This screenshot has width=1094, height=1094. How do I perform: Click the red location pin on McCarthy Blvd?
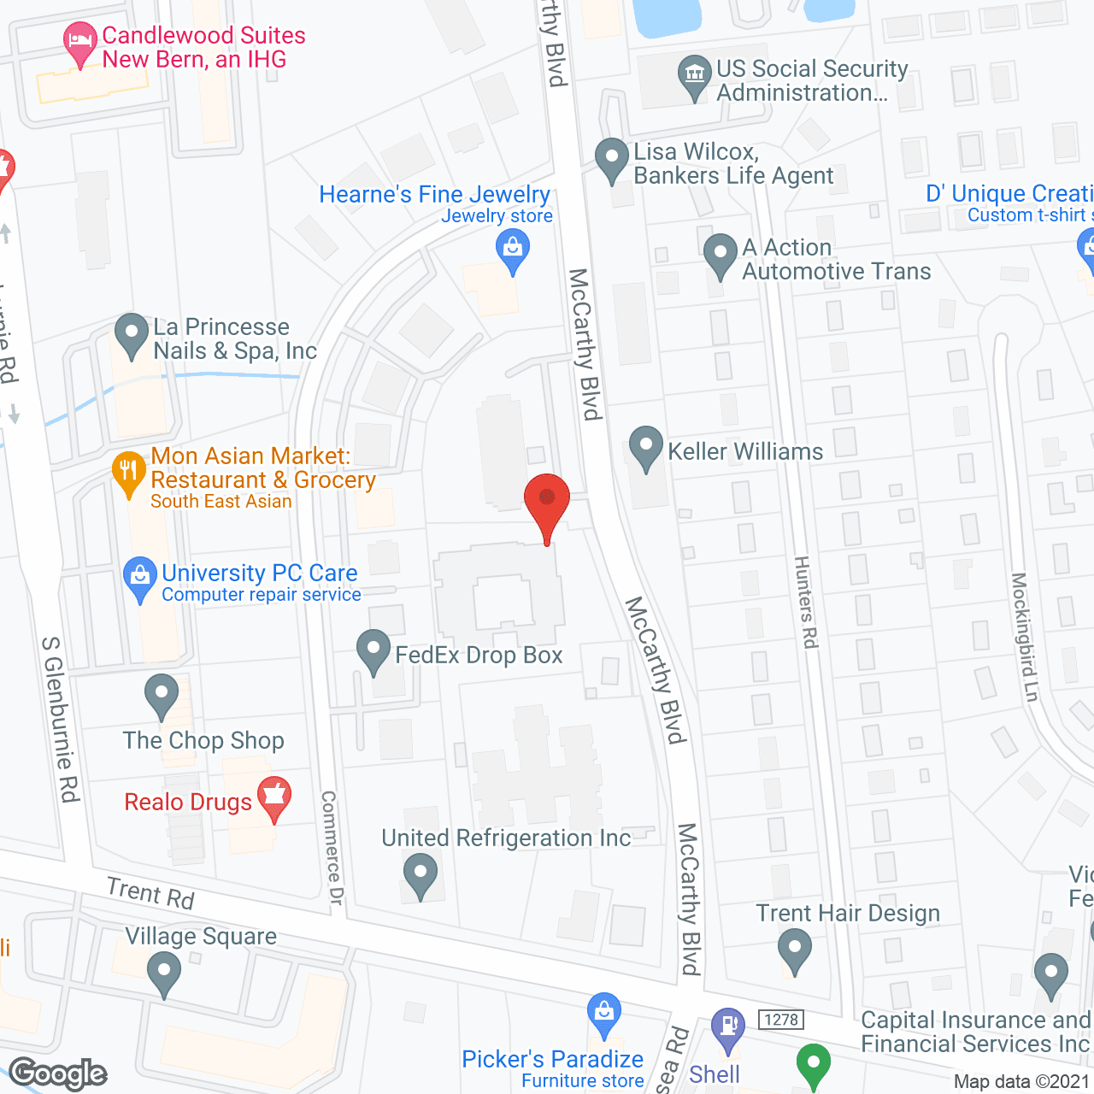[x=546, y=500]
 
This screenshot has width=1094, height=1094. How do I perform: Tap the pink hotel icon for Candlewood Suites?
[x=80, y=41]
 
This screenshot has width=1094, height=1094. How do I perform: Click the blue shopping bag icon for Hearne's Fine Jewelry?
[x=513, y=251]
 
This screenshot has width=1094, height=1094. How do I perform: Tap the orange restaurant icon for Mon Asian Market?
[x=129, y=472]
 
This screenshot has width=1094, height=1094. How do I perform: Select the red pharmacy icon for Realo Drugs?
[x=274, y=797]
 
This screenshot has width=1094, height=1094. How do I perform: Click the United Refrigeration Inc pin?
[x=420, y=875]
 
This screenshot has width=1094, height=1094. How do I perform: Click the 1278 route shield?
[x=781, y=1020]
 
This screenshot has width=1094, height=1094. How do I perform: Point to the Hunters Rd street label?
[x=806, y=602]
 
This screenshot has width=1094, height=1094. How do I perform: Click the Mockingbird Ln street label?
[x=1024, y=638]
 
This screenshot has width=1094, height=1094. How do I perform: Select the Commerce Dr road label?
[x=332, y=848]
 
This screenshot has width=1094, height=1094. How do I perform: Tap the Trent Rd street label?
[x=150, y=893]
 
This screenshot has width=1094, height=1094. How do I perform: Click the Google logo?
[x=58, y=1073]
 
